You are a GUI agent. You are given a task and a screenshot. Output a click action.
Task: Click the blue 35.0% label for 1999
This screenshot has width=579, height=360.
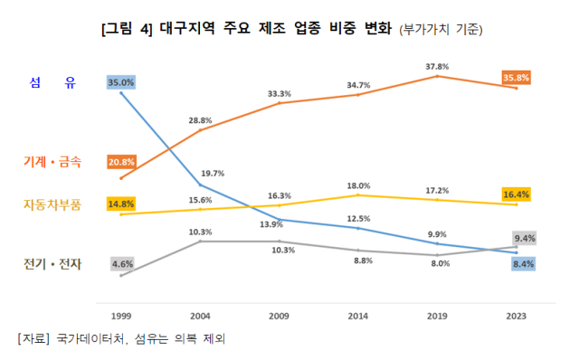120,82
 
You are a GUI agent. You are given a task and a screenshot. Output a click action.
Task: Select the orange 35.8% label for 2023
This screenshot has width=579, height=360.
517,78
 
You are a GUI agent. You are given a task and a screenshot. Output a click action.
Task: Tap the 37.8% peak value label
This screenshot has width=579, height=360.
437,66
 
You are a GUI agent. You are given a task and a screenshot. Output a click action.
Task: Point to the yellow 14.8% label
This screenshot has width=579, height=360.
120,204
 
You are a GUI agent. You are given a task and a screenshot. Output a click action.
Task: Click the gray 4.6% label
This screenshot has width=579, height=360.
120,264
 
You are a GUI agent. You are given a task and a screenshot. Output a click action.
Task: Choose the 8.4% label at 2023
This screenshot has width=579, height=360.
522,264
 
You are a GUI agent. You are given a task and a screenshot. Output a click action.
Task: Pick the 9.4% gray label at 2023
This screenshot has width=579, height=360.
525,239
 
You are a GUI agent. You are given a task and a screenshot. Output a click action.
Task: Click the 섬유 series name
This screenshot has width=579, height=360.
52,83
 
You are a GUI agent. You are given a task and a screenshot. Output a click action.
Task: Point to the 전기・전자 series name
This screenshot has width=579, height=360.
52,264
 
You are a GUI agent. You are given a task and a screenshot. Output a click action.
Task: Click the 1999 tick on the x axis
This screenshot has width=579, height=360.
120,316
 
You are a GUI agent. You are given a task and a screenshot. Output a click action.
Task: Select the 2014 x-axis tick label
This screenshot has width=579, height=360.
357,316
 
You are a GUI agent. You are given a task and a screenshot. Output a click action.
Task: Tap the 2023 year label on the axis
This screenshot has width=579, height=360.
516,316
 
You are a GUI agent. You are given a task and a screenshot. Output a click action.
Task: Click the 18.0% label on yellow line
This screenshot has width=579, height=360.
358,185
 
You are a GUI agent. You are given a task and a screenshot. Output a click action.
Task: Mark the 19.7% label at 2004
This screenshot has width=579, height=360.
213,173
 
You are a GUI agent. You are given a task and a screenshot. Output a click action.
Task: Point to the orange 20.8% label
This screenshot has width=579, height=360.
120,162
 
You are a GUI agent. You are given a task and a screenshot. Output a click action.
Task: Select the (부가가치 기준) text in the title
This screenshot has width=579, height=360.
441,29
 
